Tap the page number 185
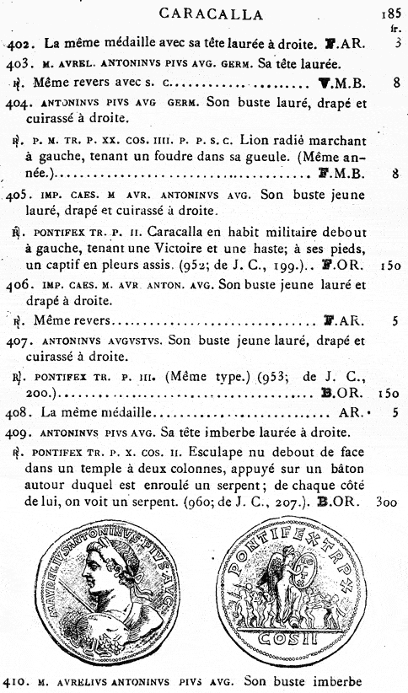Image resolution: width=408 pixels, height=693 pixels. click(391, 13)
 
